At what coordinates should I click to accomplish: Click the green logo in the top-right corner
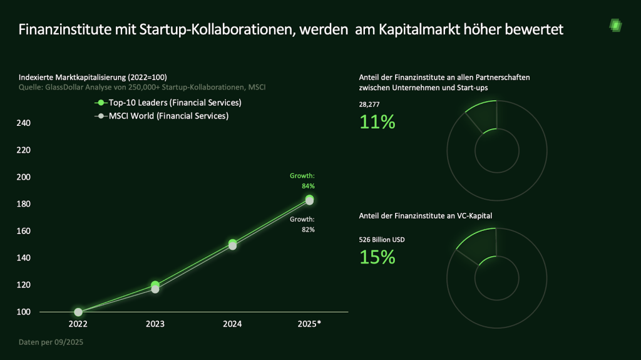click(x=615, y=26)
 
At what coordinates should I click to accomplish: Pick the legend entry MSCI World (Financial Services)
click(x=164, y=116)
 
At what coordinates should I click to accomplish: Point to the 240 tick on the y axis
click(x=23, y=123)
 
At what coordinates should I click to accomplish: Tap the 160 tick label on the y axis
click(x=23, y=231)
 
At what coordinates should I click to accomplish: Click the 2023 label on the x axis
click(x=155, y=324)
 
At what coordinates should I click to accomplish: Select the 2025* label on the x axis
click(x=309, y=324)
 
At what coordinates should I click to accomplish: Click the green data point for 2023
click(x=155, y=285)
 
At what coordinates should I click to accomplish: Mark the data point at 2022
click(x=78, y=312)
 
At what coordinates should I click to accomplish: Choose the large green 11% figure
click(x=377, y=121)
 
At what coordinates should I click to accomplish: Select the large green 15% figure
click(x=377, y=257)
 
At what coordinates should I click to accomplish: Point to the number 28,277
click(x=370, y=105)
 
